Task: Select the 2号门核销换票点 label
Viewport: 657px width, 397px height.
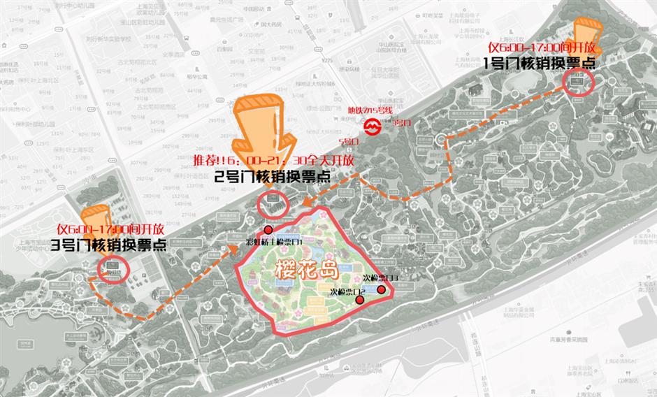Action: coord(272,177)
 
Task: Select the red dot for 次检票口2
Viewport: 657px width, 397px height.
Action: coord(360,300)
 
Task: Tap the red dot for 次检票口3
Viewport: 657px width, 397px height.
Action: coord(382,289)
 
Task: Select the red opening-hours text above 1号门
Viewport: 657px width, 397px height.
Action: coord(542,47)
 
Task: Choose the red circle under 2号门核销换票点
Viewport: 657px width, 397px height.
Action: coord(273,203)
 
